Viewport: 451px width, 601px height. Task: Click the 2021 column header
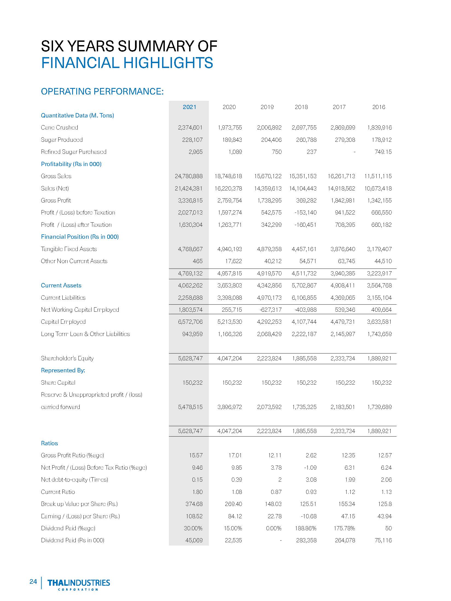pos(189,107)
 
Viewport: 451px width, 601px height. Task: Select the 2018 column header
pos(301,107)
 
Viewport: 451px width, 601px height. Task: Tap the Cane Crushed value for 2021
pos(190,128)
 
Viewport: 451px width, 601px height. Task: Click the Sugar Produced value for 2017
pos(345,140)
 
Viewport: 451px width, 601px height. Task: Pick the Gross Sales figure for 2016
pos(378,176)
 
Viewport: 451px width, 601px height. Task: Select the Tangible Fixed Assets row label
pos(69,249)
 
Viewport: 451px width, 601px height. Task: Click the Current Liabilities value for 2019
pos(269,297)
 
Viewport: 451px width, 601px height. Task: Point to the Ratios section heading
pos(49,443)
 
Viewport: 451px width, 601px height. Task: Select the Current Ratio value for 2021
pos(197,492)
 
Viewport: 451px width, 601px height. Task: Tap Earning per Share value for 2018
pos(309,516)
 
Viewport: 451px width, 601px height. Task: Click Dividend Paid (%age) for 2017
pos(345,528)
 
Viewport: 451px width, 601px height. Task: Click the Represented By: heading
pos(63,370)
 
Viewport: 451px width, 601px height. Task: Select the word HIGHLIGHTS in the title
pos(168,63)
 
